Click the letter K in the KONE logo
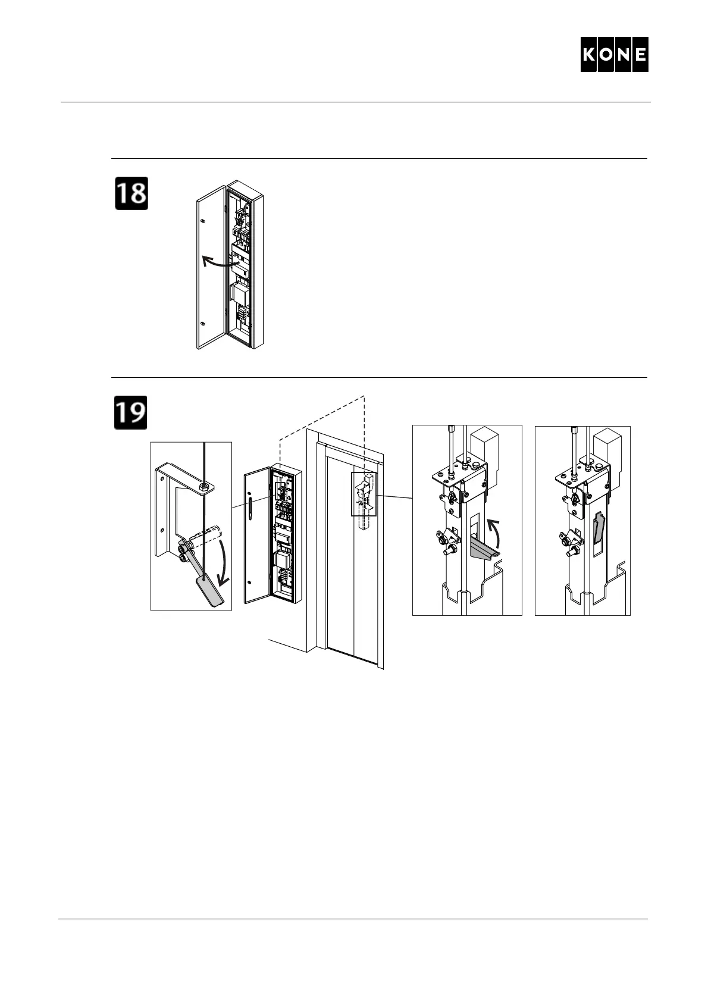590,55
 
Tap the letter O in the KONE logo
606,55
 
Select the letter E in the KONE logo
640,55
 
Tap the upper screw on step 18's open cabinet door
203,221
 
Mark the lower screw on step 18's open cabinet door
203,324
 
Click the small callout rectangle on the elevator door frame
364,493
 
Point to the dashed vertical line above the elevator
364,428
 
